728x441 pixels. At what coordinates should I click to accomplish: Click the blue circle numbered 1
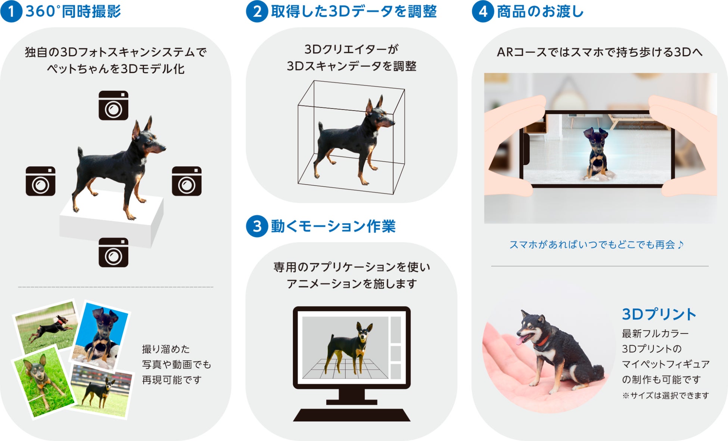click(12, 11)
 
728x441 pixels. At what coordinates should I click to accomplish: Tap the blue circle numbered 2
click(257, 11)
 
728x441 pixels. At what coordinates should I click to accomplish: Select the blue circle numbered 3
click(257, 226)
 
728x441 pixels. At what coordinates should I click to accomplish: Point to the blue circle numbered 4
click(483, 11)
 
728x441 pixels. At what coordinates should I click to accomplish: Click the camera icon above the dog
click(113, 105)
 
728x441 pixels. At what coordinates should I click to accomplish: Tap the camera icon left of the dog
click(41, 181)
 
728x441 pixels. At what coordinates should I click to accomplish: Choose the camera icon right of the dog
click(187, 181)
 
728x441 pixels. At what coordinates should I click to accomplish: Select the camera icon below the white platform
click(113, 252)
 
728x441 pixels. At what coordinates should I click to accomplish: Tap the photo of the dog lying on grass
click(44, 382)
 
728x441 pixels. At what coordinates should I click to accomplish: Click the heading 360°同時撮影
click(73, 12)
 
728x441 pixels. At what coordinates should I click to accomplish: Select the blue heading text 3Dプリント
click(659, 314)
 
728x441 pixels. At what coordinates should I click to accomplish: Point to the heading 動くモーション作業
click(333, 226)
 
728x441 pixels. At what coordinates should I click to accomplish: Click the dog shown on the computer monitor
click(349, 348)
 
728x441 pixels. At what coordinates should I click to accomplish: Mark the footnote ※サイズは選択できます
click(666, 395)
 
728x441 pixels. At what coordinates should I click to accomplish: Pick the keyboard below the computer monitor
click(352, 415)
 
